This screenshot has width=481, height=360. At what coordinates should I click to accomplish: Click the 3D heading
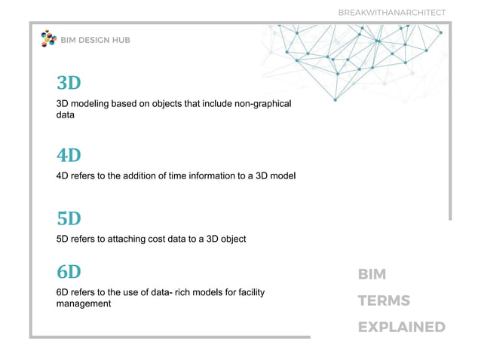tap(69, 82)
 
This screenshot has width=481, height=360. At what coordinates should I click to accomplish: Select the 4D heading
tap(69, 155)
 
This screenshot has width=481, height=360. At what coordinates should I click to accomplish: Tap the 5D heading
tap(69, 218)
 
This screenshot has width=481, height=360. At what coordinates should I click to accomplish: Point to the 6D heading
tap(69, 271)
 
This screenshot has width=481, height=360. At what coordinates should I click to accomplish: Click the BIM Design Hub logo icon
tap(48, 39)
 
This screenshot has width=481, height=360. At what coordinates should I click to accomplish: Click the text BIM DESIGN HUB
tap(95, 40)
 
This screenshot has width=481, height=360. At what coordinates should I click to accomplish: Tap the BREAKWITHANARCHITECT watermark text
tap(391, 12)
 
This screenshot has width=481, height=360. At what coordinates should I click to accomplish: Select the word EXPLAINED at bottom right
tap(401, 327)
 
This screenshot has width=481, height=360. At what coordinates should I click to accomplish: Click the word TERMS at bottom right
tap(384, 301)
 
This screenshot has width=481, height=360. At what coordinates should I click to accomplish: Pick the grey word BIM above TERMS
tap(372, 274)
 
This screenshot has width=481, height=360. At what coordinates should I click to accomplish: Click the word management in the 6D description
tap(84, 304)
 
